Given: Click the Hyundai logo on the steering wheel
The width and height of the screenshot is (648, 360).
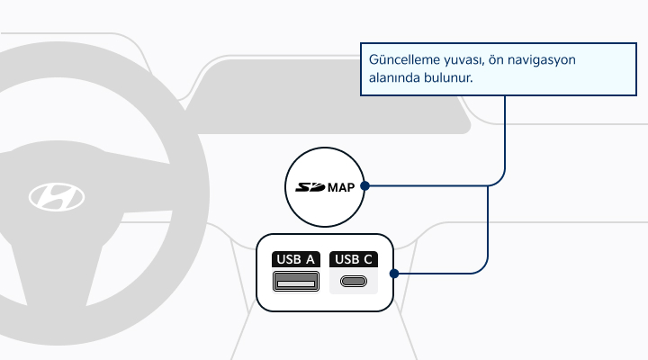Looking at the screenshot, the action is (x=57, y=197).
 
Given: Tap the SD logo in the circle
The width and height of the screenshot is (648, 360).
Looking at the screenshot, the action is (x=310, y=187).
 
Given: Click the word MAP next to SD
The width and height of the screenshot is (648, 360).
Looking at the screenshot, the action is (x=341, y=187).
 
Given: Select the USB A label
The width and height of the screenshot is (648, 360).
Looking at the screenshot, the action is (x=295, y=259).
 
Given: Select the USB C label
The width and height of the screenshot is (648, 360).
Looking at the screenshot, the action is (x=354, y=259).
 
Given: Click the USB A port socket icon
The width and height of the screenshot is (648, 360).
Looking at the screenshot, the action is (x=296, y=281).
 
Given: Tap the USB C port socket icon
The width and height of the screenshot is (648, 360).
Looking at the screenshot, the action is (x=354, y=282).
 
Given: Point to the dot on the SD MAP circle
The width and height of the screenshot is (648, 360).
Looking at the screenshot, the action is (x=364, y=186).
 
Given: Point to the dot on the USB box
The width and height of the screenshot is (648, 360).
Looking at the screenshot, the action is (x=394, y=274).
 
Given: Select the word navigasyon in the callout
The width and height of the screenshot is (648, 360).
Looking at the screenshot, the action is (x=542, y=60).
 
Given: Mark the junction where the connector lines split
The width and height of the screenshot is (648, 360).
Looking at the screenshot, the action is (x=488, y=186).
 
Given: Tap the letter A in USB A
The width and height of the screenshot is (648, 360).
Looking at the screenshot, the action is (x=310, y=259).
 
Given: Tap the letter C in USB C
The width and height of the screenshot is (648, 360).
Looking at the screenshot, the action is (x=368, y=259).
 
